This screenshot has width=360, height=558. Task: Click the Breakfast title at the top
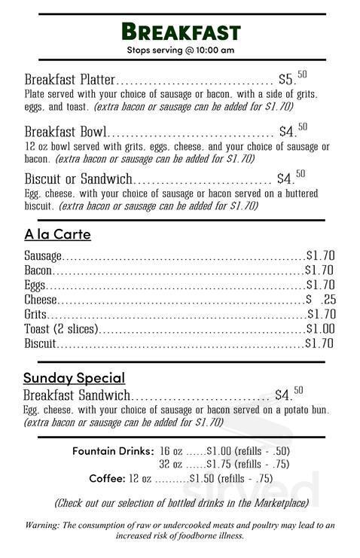coord(181,32)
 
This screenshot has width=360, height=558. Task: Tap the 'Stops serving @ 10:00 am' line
coord(181,50)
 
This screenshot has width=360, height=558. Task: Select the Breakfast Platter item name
coord(70,80)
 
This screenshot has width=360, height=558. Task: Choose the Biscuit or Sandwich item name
coord(78,179)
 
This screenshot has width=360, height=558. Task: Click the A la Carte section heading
coord(57,234)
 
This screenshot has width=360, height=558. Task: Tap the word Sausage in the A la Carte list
coord(43,257)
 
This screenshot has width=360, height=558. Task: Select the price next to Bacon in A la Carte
coord(319,270)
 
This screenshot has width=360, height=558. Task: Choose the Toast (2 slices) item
coord(62,329)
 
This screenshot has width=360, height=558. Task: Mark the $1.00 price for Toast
coord(320,329)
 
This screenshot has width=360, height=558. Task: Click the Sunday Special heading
coord(74,377)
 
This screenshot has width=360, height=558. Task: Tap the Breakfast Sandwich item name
coord(77,395)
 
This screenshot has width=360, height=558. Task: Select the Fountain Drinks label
coord(113,450)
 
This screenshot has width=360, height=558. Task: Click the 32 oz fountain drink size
coord(170,464)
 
